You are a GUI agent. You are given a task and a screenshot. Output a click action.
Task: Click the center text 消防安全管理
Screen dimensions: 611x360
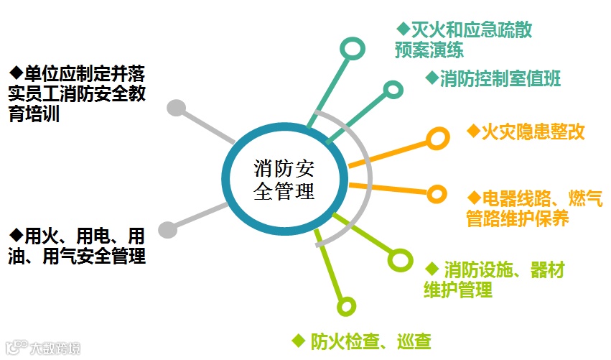click(x=284, y=180)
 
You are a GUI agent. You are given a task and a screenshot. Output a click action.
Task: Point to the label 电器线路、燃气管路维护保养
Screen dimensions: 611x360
click(x=534, y=208)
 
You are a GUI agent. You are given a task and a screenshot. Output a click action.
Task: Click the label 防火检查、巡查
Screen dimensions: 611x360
click(x=362, y=341)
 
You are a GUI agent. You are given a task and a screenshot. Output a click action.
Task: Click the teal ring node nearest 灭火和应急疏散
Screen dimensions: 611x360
click(x=351, y=49)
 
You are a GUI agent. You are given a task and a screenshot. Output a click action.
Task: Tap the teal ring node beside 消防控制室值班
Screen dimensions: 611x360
click(x=393, y=89)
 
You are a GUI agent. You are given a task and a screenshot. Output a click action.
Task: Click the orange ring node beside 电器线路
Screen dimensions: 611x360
click(x=437, y=193)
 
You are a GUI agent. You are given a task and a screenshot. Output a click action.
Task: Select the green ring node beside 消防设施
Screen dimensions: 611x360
click(x=399, y=259)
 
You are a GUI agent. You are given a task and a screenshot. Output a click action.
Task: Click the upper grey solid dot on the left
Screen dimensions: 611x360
click(x=175, y=109)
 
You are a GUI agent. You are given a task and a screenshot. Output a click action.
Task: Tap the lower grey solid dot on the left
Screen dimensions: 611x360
click(x=167, y=229)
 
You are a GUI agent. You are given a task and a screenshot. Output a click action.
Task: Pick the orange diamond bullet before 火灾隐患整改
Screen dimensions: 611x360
click(x=472, y=131)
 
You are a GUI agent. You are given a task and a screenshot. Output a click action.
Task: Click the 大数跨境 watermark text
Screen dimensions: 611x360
click(x=55, y=349)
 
